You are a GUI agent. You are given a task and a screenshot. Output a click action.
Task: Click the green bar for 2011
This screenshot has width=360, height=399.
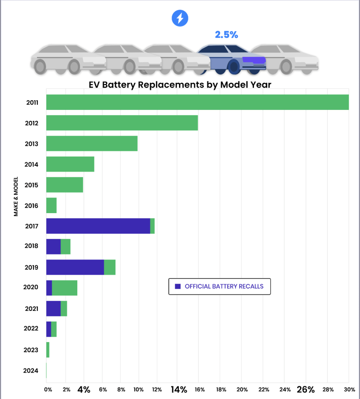coord(197,102)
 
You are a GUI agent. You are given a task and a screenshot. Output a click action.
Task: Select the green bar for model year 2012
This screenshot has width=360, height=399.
coord(122,123)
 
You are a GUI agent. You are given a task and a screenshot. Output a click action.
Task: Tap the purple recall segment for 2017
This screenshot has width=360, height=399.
coord(98,226)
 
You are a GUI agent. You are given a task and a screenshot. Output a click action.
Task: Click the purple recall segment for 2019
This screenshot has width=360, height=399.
coord(75,267)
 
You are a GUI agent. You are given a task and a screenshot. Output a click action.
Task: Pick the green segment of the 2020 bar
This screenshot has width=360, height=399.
coord(64,288)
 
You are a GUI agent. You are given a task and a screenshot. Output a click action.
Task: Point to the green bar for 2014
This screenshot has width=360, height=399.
coord(70,164)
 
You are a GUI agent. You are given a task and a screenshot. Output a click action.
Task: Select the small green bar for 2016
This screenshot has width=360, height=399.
coord(51,205)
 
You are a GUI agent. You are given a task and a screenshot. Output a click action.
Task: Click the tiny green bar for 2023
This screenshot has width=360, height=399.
coord(48,350)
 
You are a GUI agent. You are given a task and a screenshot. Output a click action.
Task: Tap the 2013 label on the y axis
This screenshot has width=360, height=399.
coord(31,144)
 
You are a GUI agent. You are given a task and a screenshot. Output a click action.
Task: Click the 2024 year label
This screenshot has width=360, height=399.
coord(31,370)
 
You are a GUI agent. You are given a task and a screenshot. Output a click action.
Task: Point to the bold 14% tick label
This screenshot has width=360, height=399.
coord(179,389)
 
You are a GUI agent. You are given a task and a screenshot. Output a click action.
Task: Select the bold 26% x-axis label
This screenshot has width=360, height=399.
coord(305,389)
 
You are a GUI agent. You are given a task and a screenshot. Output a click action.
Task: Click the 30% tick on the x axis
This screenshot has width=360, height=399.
coord(349,389)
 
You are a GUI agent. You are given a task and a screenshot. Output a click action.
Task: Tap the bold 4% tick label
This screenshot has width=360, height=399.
coord(84,389)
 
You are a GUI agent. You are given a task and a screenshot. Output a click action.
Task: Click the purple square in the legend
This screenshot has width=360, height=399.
coord(178,286)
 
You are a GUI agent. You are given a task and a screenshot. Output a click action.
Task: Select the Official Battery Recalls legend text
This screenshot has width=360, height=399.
coord(224,286)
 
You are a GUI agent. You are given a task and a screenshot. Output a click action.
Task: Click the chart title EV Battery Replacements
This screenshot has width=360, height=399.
coord(180,85)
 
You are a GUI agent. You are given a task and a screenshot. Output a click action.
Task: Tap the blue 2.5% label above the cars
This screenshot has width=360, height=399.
coord(226,35)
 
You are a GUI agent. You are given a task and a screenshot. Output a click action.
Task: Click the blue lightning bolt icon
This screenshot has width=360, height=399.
coord(180,18)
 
